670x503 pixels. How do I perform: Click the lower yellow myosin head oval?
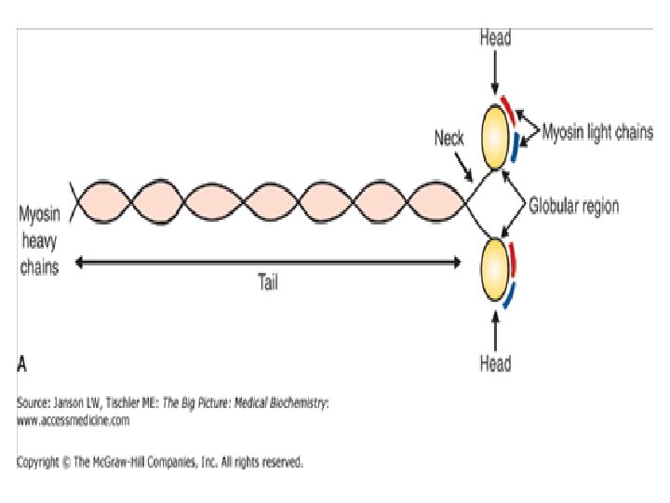(x=494, y=271)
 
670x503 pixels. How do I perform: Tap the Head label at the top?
(x=494, y=38)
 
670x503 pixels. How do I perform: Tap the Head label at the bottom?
(x=494, y=362)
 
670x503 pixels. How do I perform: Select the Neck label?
(x=449, y=139)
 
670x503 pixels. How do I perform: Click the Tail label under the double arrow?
(x=267, y=284)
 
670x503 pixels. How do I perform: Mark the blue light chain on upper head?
(x=515, y=146)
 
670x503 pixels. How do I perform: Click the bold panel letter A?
(x=21, y=360)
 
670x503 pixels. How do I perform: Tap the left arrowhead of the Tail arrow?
(x=80, y=264)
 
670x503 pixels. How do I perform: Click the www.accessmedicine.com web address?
(x=74, y=421)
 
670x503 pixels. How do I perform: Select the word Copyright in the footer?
(x=40, y=461)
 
